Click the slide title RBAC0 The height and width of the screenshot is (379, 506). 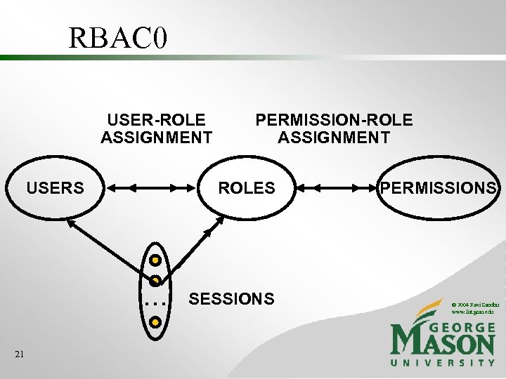click(x=118, y=38)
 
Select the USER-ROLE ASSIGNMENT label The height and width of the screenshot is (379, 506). click(x=156, y=128)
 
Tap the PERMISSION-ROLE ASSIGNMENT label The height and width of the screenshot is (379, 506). click(x=334, y=128)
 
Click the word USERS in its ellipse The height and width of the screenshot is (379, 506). click(x=55, y=188)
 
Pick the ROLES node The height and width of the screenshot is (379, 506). click(x=247, y=188)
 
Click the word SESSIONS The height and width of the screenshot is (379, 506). click(x=232, y=299)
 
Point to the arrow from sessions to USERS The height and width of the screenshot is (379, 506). click(x=105, y=246)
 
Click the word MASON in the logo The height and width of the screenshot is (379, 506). click(x=443, y=344)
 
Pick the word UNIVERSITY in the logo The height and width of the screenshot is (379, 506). click(x=443, y=363)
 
